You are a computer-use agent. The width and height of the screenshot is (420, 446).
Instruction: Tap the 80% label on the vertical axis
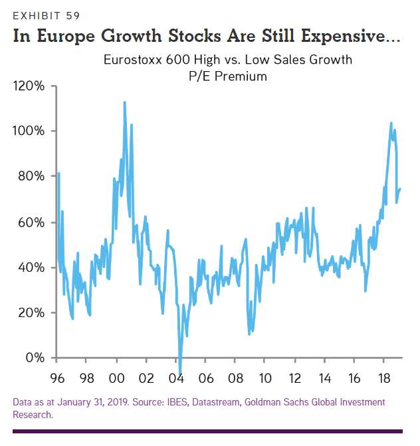(32, 176)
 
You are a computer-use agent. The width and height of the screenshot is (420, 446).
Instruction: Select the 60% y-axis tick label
(32, 222)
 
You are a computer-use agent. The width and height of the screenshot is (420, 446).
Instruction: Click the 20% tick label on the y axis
(32, 312)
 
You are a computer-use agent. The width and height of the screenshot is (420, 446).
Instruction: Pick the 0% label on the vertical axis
(35, 358)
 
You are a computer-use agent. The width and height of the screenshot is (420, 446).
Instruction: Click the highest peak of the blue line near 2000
(125, 102)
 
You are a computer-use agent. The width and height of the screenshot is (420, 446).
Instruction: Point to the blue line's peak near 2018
(391, 123)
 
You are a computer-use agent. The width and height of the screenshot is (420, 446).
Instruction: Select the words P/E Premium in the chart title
(227, 76)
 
